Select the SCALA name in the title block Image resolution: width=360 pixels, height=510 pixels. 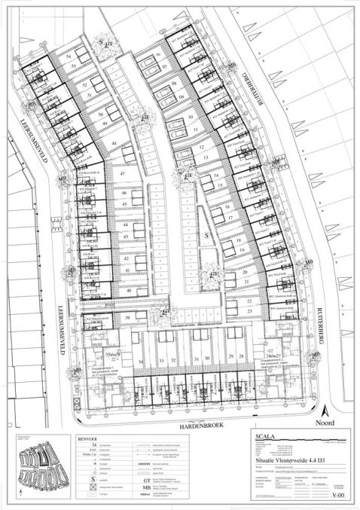268,436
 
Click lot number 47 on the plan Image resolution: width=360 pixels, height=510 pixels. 121,173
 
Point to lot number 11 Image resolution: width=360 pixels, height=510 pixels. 196,130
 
